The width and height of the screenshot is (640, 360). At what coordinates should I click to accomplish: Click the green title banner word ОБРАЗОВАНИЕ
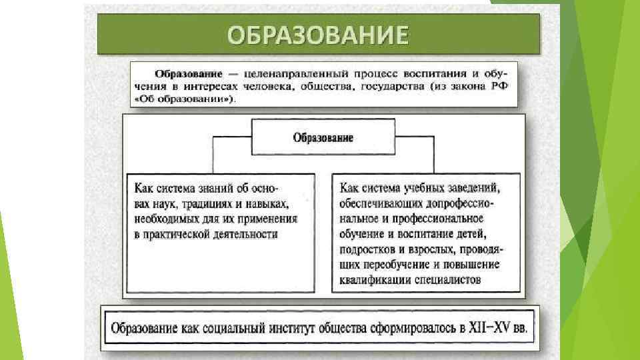pyautogui.click(x=317, y=34)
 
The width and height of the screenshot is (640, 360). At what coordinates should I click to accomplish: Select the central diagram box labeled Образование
pyautogui.click(x=323, y=138)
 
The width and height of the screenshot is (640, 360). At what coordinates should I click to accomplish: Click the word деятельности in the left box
pyautogui.click(x=240, y=234)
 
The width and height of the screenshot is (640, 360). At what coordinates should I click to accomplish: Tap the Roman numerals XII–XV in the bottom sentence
pyautogui.click(x=492, y=328)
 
